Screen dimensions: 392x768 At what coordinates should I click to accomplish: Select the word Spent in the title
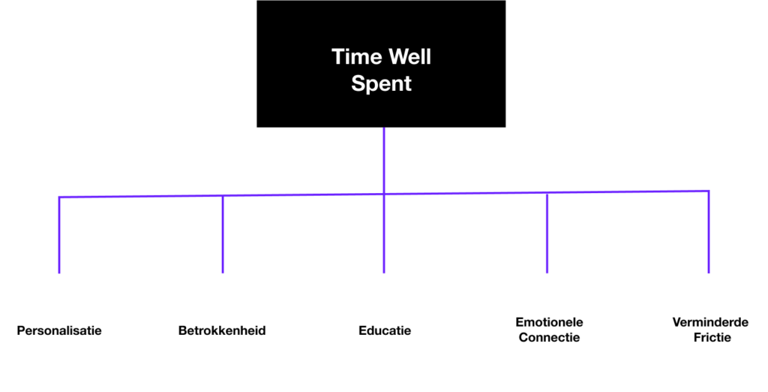tap(382, 83)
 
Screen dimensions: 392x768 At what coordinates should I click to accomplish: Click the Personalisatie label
tap(59, 330)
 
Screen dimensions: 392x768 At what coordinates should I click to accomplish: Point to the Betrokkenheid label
tap(222, 330)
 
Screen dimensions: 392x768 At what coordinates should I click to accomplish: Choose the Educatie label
tap(385, 330)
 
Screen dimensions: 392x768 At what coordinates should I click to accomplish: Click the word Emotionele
tap(549, 322)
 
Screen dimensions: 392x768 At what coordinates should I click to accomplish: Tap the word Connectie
tap(549, 337)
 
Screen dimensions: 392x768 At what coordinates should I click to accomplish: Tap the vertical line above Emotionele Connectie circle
tap(547, 233)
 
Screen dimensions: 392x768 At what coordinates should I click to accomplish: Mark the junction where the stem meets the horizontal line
tap(384, 194)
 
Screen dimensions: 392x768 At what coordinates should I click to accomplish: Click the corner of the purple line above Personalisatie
tap(59, 198)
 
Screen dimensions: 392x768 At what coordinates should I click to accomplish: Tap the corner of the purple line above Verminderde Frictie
tap(709, 191)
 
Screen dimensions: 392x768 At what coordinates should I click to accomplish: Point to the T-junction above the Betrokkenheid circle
tap(223, 196)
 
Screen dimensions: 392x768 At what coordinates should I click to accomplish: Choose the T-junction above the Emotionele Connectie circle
tap(547, 193)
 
